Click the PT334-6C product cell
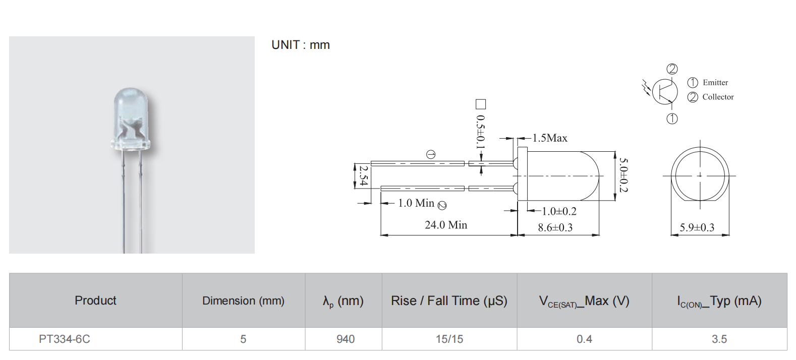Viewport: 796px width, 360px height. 65,339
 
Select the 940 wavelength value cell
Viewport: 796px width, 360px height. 346,339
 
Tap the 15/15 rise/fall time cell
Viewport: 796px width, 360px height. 449,339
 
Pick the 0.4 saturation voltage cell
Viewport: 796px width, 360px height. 584,339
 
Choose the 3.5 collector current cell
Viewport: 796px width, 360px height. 719,339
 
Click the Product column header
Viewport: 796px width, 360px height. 95,301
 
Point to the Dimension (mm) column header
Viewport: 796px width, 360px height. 243,301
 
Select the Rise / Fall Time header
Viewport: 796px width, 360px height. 449,301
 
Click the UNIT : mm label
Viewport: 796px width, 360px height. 301,45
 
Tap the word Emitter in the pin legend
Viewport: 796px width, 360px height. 715,83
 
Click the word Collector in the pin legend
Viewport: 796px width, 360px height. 718,97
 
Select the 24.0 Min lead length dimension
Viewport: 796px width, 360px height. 446,225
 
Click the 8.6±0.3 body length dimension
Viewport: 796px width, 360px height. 555,227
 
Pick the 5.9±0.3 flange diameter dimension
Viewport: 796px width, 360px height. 697,227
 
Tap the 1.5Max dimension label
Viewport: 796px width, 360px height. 550,138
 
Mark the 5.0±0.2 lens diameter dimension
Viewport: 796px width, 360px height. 623,175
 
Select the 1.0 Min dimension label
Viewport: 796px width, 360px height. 416,203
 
